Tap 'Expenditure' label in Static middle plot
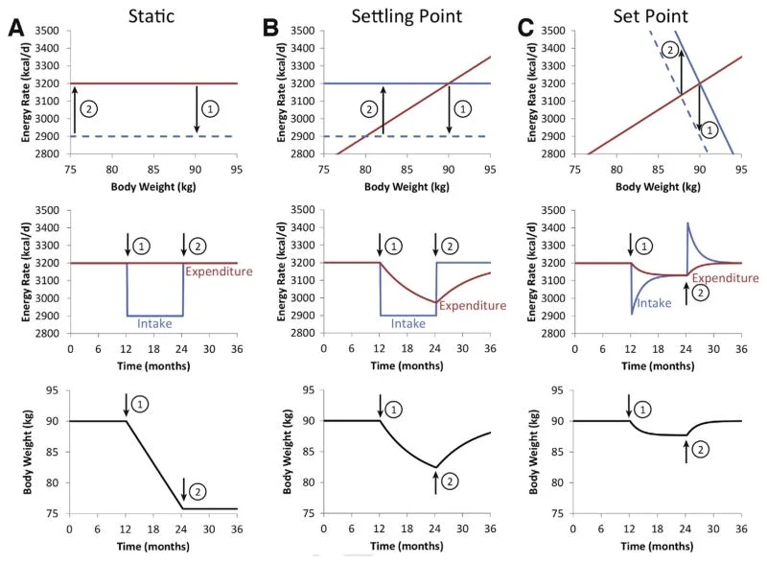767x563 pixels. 210,272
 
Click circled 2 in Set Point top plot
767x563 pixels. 670,50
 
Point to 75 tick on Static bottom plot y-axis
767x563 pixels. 54,513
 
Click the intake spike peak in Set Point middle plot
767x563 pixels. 688,223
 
